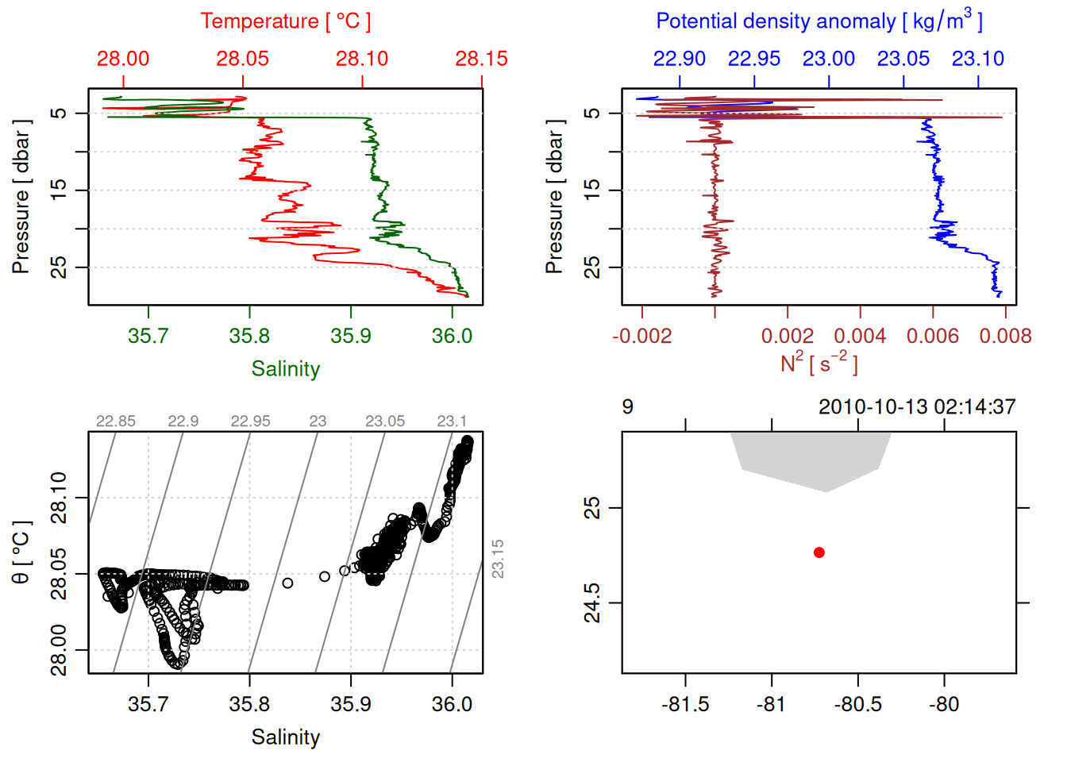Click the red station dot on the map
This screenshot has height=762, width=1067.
pyautogui.click(x=819, y=552)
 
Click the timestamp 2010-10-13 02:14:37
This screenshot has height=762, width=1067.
pyautogui.click(x=916, y=407)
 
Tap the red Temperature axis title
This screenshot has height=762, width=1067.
pyautogui.click(x=285, y=21)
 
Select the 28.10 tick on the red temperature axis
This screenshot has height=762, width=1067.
pyautogui.click(x=362, y=59)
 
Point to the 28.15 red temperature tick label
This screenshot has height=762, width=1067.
pyautogui.click(x=481, y=59)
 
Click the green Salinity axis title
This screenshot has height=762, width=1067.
pyautogui.click(x=285, y=369)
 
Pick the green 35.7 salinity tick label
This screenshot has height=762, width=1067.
pyautogui.click(x=148, y=336)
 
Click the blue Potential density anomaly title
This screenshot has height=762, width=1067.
pyautogui.click(x=819, y=21)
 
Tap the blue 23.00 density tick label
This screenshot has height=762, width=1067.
pyautogui.click(x=829, y=59)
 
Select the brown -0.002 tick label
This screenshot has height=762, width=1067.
pyautogui.click(x=642, y=336)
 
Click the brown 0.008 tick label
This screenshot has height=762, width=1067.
pyautogui.click(x=1005, y=336)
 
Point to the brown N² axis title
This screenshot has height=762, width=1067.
pyautogui.click(x=819, y=364)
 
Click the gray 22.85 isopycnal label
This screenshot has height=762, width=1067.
pyautogui.click(x=116, y=421)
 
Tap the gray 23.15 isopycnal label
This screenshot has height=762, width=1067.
pyautogui.click(x=498, y=559)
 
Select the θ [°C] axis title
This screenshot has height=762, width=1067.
pyautogui.click(x=21, y=552)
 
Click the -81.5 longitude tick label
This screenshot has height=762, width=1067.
pyautogui.click(x=685, y=704)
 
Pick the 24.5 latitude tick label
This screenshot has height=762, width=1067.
pyautogui.click(x=592, y=603)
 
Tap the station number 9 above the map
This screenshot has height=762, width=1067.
pyautogui.click(x=627, y=407)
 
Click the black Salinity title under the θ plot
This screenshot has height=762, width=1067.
pyautogui.click(x=285, y=737)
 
